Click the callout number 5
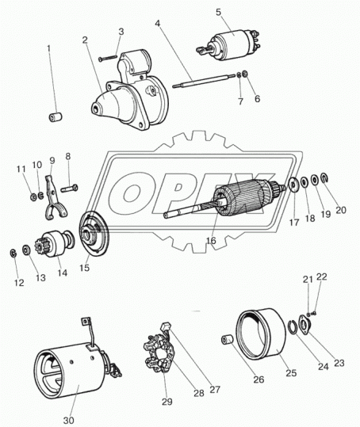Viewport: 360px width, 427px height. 219,13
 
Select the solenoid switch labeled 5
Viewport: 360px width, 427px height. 228,45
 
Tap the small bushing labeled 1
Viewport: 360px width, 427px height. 56,117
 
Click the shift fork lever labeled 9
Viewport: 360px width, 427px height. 55,198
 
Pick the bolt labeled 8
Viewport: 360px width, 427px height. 69,188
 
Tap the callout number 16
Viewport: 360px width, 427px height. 211,241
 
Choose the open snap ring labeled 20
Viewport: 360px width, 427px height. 324,177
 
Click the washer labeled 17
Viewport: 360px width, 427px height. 293,185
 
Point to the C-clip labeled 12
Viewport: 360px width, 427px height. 13,253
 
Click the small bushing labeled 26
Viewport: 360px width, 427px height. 227,340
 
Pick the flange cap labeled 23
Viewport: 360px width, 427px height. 304,323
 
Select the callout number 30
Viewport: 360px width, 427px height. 68,420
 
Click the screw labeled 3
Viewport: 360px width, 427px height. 108,58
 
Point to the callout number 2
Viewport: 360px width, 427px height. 85,40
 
